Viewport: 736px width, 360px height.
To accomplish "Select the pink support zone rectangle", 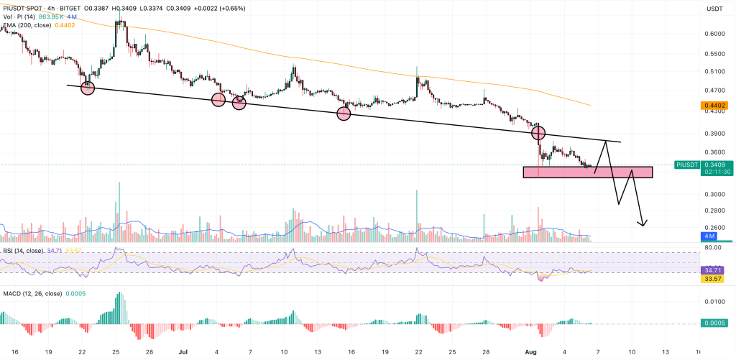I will click(587, 172).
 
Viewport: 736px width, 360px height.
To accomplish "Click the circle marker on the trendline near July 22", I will click(88, 88).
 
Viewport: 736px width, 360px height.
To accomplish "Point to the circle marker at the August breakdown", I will click(538, 133).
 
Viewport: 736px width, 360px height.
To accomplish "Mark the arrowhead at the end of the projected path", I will click(644, 223).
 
